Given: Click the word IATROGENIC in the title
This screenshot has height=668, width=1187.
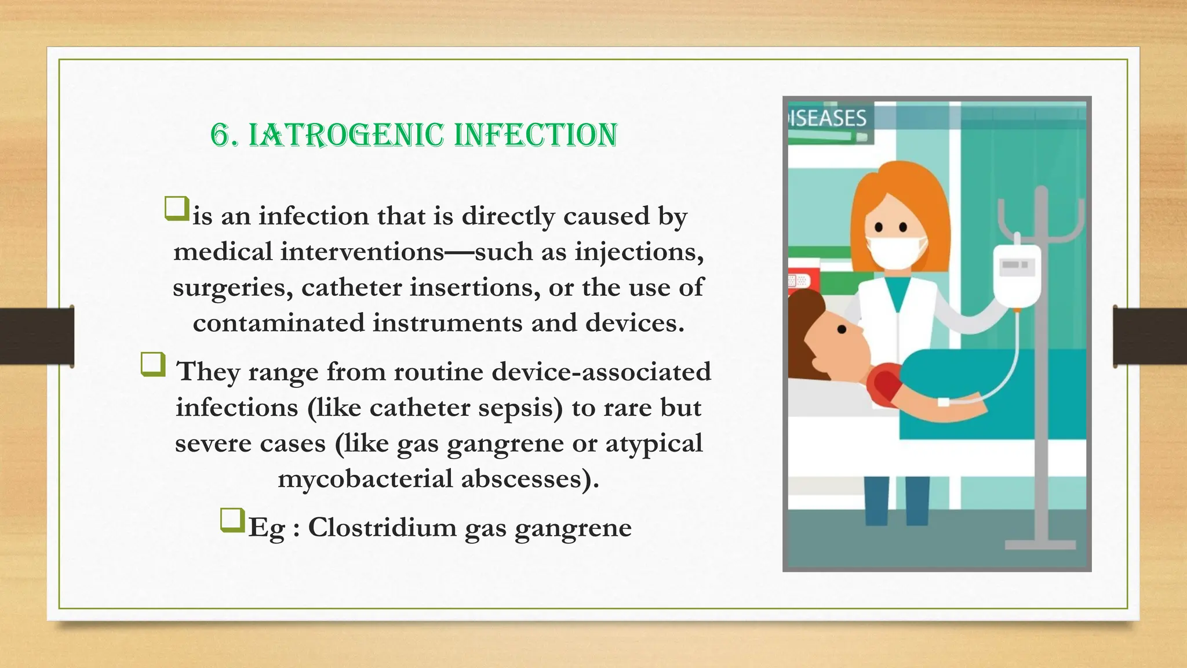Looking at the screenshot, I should tap(346, 135).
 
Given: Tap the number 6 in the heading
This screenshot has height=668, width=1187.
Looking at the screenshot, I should tap(220, 135).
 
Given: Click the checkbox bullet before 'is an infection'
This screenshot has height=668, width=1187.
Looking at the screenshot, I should tap(177, 209).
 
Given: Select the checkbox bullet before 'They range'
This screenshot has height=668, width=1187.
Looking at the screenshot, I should tap(153, 365).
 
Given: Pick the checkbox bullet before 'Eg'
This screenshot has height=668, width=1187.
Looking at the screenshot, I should tap(232, 520).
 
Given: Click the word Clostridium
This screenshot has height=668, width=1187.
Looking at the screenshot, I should tap(382, 528).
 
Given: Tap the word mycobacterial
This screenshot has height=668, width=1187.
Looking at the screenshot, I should tap(365, 479).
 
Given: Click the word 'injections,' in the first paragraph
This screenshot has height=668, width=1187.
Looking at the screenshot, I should tap(639, 252).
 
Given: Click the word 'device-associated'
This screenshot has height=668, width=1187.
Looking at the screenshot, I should tap(601, 372).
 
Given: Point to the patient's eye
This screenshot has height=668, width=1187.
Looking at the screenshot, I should tap(842, 329).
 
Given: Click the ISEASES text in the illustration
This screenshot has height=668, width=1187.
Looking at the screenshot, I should tap(828, 118).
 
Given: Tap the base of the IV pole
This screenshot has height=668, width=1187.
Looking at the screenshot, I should tap(1040, 544).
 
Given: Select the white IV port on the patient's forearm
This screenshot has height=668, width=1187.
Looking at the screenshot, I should tap(944, 401).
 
